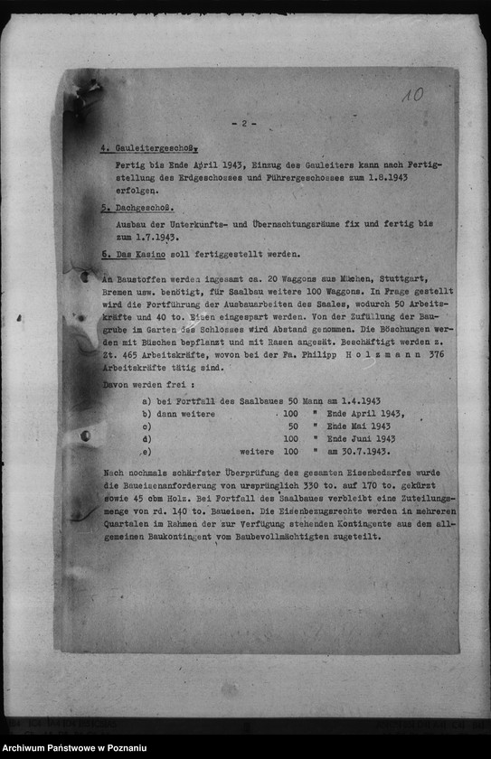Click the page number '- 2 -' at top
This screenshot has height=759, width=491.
tap(244, 124)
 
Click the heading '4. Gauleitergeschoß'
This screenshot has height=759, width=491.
tap(148, 147)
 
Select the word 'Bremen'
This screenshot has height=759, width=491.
tap(118, 293)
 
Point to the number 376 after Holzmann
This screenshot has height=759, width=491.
tap(439, 355)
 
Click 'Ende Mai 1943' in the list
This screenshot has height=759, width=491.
tap(359, 426)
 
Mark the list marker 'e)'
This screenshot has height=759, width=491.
tap(146, 452)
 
